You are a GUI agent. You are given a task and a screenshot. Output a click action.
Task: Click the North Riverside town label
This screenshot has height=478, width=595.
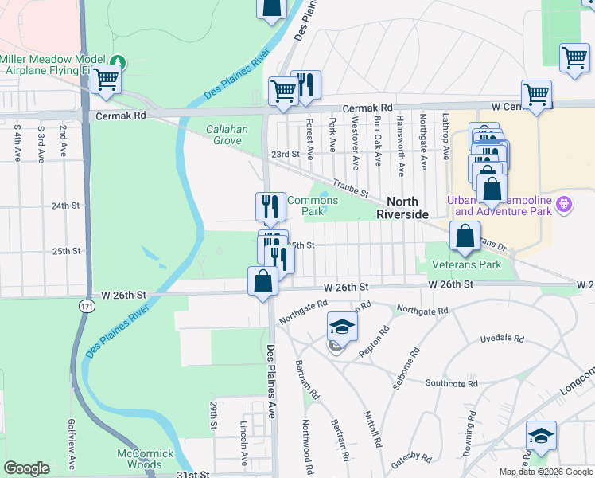[408, 208]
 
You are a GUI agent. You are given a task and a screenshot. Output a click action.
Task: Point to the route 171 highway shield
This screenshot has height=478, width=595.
[87, 306]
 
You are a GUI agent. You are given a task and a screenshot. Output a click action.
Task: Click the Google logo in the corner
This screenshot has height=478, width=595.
[26, 468]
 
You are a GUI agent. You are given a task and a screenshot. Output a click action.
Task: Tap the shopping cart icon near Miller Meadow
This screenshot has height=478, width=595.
[106, 80]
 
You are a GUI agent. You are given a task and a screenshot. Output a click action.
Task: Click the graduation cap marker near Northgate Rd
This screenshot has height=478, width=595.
[342, 327]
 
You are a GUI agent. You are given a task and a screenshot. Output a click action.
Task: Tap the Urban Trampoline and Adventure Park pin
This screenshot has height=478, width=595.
[565, 205]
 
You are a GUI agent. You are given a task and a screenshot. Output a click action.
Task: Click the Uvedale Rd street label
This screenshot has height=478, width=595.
[503, 339]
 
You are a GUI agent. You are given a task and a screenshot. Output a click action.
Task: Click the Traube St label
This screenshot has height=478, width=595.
[350, 188]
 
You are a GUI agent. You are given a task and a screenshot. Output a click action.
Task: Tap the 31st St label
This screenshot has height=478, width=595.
[196, 474]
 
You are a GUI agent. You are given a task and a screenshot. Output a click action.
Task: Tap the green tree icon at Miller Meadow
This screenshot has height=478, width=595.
[119, 61]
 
